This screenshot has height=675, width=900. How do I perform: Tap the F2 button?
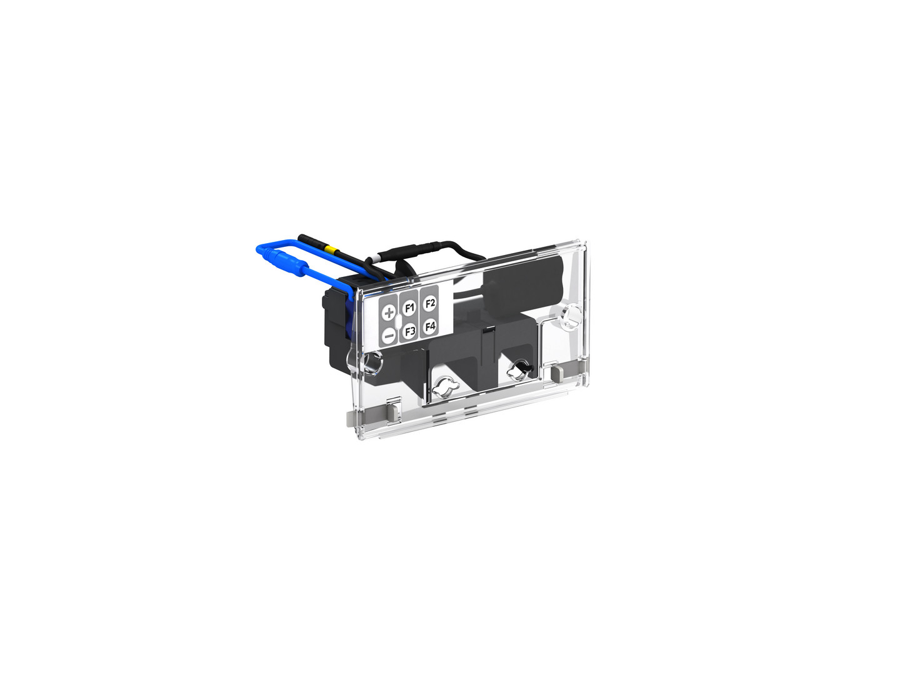[x=430, y=304]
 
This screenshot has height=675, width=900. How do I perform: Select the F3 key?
[x=409, y=331]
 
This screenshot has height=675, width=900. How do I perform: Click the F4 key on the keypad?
[x=430, y=327]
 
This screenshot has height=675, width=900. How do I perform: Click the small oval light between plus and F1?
[x=399, y=321]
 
